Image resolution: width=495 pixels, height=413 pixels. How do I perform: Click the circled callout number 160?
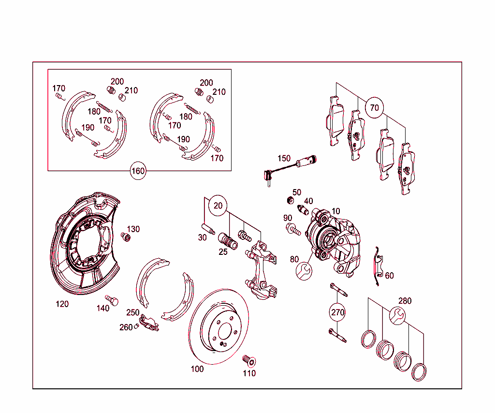pos(138,171)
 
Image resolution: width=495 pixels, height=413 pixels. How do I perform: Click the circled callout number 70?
pos(375,108)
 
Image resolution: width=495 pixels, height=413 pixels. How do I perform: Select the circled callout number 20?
pos(218,206)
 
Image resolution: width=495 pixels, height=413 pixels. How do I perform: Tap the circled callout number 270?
pos(338,312)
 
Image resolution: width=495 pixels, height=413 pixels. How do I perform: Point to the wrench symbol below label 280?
pos(397,316)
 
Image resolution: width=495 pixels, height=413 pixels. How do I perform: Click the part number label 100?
pos(197,369)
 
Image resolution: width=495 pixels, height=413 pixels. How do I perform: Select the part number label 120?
pos(62,304)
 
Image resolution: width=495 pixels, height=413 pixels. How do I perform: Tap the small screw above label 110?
pos(249,360)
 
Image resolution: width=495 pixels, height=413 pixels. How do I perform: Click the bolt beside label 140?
pos(112,300)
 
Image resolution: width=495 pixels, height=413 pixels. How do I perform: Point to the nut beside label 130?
pos(126,236)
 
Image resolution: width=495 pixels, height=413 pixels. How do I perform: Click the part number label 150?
pos(284,159)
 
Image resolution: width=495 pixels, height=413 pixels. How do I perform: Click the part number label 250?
pos(133,312)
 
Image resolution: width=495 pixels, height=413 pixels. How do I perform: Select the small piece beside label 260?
pos(137,325)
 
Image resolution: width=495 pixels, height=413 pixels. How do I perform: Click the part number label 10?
pos(335,211)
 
